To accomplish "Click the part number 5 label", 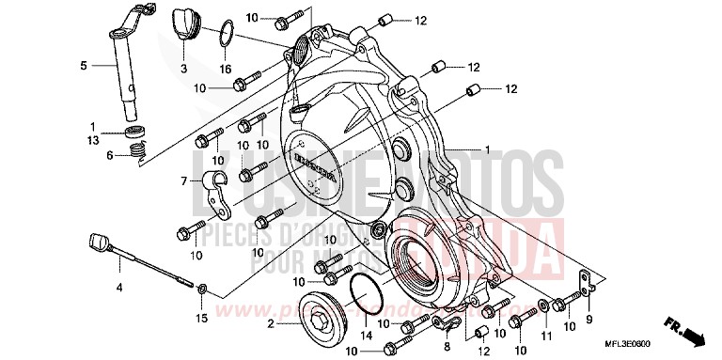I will click(x=83, y=66).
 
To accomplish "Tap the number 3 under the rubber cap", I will click(x=183, y=69).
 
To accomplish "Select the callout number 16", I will click(x=226, y=69).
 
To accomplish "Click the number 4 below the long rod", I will click(x=118, y=285).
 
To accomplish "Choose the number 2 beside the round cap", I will click(x=271, y=324).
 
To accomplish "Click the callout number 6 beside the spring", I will click(x=109, y=154).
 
